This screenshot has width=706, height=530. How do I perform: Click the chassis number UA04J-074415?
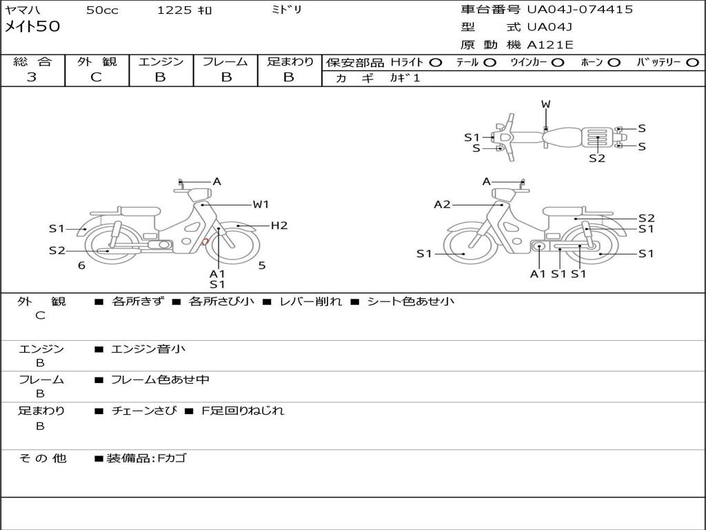(x=579, y=10)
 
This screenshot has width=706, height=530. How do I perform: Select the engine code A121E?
(x=550, y=46)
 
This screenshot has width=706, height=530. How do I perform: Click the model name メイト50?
(x=33, y=27)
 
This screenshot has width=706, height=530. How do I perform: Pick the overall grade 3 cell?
(x=32, y=77)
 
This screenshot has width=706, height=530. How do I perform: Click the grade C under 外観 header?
(x=97, y=77)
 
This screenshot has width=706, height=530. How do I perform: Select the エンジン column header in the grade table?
(x=161, y=61)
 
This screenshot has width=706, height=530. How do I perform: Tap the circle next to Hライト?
(x=435, y=62)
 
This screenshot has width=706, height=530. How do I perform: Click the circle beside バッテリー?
(x=692, y=62)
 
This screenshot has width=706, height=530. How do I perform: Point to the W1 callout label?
(x=261, y=204)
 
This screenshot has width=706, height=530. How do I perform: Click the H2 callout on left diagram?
(x=279, y=225)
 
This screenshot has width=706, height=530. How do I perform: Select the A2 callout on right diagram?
(x=442, y=204)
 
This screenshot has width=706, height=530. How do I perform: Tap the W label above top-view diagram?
(x=545, y=104)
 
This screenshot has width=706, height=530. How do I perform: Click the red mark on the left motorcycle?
(x=205, y=242)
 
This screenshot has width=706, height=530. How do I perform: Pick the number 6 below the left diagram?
(x=81, y=266)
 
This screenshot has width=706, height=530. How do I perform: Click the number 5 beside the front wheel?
(x=262, y=265)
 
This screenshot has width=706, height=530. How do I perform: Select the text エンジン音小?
(x=148, y=349)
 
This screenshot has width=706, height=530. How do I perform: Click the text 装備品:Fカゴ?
(x=146, y=458)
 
